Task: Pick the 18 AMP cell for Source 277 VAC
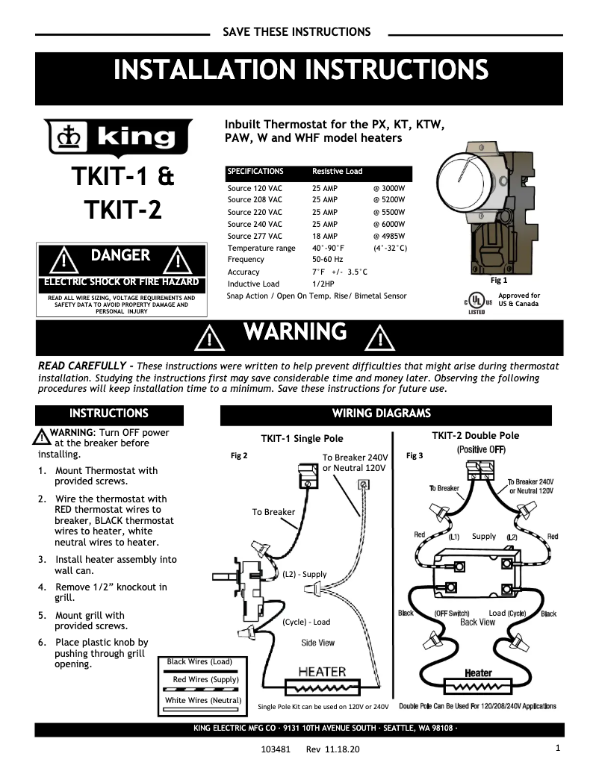click(x=324, y=236)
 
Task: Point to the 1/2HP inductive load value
click(x=323, y=284)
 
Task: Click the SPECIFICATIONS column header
click(x=255, y=172)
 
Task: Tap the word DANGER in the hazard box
click(x=120, y=256)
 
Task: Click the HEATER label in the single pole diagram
click(x=322, y=671)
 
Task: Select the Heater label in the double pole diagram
click(x=478, y=672)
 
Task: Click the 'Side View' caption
click(x=317, y=643)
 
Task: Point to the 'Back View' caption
click(x=477, y=622)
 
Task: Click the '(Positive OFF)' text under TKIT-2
click(x=481, y=450)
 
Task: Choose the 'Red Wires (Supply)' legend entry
click(x=205, y=680)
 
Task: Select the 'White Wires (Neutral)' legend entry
click(x=203, y=700)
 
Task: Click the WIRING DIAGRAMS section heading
click(x=381, y=413)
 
